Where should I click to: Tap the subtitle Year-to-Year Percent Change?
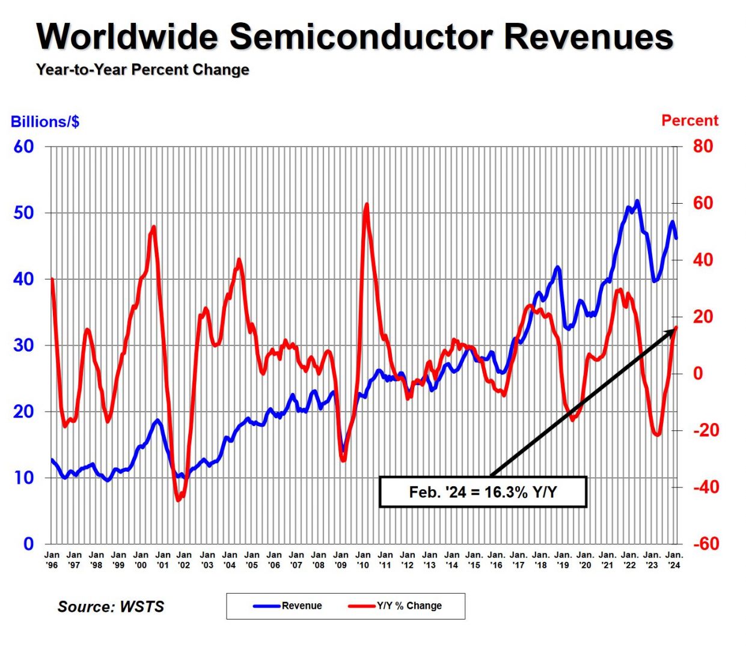(x=142, y=70)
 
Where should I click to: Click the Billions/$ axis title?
(x=45, y=122)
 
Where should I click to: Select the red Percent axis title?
(x=689, y=121)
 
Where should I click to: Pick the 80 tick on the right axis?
(x=703, y=147)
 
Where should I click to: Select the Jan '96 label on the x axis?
(x=52, y=560)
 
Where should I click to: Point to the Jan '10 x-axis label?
(x=363, y=560)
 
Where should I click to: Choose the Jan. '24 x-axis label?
(x=674, y=560)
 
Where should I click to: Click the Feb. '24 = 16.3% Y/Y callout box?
(x=483, y=492)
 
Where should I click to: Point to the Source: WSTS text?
(x=111, y=606)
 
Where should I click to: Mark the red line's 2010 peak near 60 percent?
(x=367, y=205)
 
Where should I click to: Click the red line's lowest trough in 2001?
(x=179, y=500)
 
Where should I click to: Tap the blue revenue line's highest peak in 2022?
(x=637, y=201)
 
